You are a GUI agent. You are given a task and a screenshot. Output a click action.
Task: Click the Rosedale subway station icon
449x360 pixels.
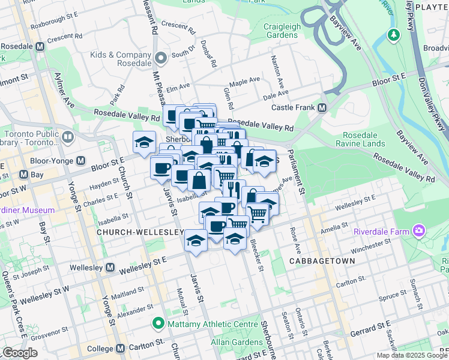40,46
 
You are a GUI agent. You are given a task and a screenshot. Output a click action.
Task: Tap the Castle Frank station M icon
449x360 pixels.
322,108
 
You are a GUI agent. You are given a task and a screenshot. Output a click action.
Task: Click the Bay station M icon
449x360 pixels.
23,175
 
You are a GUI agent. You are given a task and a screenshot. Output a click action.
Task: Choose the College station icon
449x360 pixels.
120,348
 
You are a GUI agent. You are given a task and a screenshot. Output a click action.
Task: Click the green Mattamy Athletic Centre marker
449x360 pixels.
159,324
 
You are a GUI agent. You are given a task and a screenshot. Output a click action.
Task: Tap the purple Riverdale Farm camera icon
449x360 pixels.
418,231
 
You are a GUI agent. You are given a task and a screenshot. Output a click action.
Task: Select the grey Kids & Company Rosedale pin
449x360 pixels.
161,58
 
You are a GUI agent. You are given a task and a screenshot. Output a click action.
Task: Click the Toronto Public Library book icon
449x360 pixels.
67,137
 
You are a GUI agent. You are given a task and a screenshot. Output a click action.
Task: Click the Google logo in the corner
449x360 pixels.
20,353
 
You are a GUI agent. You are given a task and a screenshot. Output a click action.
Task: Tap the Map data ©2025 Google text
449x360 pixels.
412,355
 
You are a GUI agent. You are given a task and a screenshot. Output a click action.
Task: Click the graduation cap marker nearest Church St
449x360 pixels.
144,143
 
